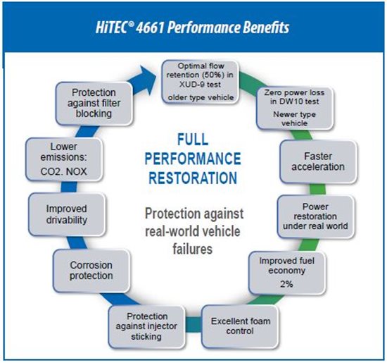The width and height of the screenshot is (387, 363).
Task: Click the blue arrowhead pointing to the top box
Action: click(x=146, y=79)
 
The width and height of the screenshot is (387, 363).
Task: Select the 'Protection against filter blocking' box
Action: click(x=94, y=104)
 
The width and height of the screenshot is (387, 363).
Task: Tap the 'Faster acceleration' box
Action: click(x=318, y=161)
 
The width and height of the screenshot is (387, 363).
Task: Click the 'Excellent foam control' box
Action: click(x=240, y=326)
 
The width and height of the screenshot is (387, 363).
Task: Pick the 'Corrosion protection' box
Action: click(x=91, y=271)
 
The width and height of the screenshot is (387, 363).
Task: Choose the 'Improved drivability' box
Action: click(x=67, y=214)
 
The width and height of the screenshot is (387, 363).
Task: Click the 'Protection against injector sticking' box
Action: click(x=146, y=326)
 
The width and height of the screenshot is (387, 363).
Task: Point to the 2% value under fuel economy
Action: click(x=286, y=284)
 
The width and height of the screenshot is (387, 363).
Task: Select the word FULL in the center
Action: click(x=193, y=139)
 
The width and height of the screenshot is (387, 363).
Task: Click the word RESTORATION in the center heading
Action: click(x=193, y=178)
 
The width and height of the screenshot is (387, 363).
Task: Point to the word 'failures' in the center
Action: click(x=193, y=249)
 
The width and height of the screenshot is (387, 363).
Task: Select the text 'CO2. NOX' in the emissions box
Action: click(x=63, y=171)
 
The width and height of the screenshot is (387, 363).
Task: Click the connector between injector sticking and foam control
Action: click(x=193, y=324)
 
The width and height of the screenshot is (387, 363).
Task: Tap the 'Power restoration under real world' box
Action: click(x=316, y=216)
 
